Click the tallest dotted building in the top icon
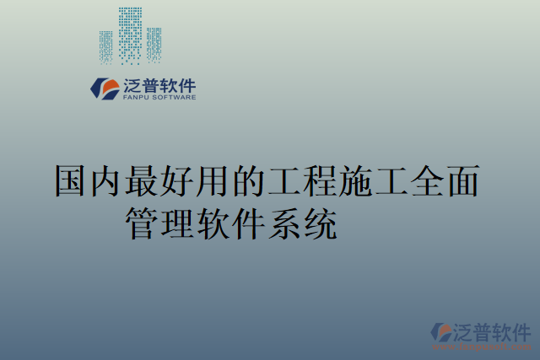130,35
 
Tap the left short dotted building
106,47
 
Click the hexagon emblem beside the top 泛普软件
105,89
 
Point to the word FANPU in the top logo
134,98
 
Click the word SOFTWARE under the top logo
174,98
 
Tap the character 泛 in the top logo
133,85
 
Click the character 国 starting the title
71,181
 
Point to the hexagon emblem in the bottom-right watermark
441,332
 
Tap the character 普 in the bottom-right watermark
480,330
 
